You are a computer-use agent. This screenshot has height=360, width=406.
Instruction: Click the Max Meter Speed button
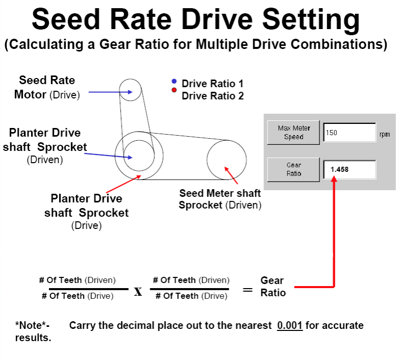293,133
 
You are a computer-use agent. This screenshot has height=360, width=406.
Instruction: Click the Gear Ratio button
293,169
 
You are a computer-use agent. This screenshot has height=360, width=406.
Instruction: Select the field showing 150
349,133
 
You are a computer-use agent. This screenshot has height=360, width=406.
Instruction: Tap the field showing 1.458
349,169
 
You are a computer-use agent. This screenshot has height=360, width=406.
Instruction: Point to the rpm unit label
385,134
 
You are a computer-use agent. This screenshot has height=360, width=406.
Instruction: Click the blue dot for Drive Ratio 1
174,82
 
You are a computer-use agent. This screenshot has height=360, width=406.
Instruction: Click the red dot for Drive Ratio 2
174,90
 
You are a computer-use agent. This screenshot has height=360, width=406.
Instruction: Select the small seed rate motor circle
131,92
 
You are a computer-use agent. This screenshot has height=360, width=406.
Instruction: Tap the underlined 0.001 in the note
290,325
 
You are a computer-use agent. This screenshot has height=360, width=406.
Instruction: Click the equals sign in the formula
247,290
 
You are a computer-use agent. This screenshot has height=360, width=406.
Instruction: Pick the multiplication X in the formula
138,292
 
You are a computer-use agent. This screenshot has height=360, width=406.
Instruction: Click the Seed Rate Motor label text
47,87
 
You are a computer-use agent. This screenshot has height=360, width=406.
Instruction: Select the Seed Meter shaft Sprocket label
220,199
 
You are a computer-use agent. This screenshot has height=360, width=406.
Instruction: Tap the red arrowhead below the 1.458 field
334,179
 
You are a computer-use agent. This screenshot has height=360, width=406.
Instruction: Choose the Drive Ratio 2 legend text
212,96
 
